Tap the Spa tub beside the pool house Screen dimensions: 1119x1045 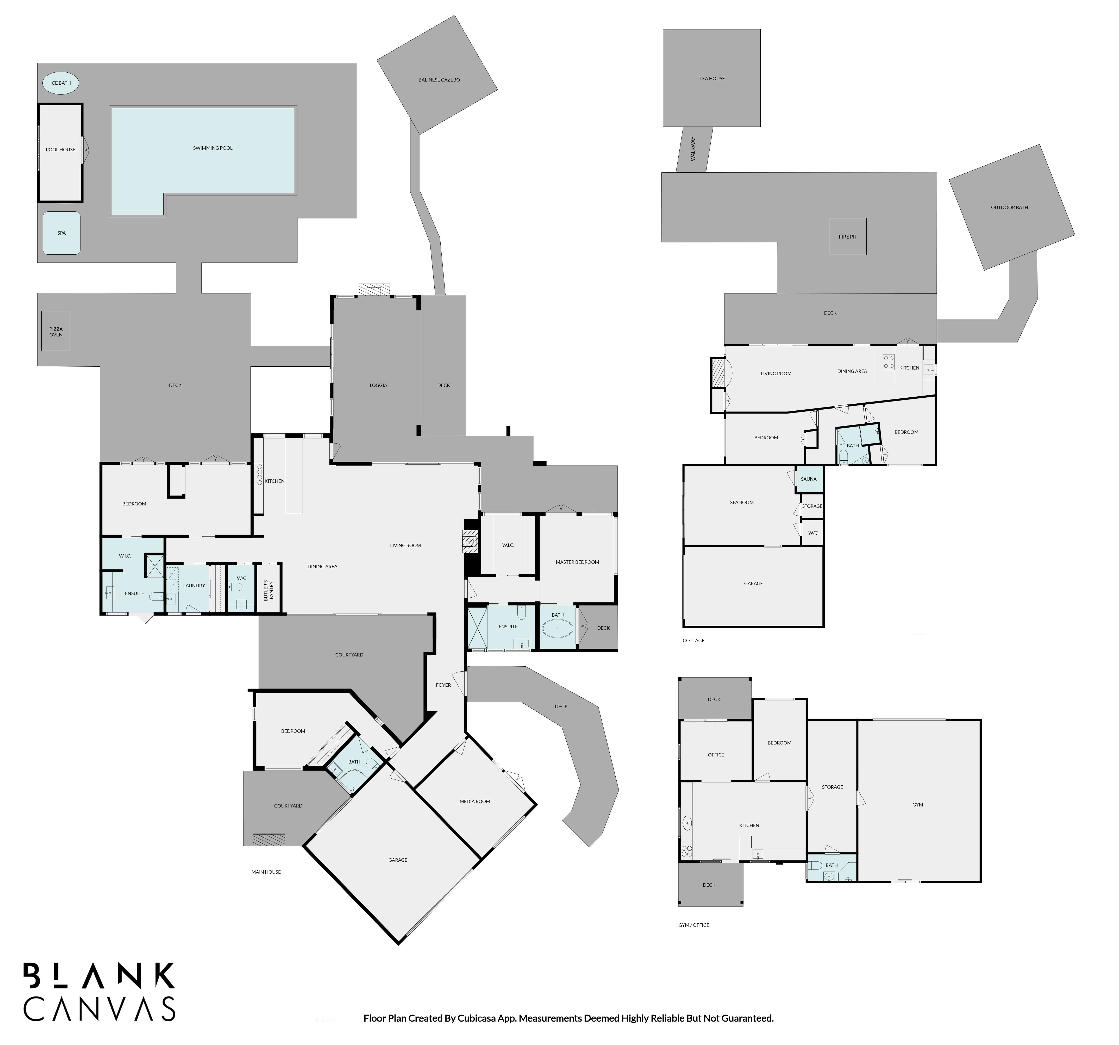[61, 233]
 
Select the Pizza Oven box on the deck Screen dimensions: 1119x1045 [56, 331]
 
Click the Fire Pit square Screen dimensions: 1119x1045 [848, 236]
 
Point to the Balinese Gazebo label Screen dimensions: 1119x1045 [439, 80]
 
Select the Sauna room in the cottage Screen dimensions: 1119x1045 [809, 479]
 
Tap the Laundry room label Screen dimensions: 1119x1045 [194, 586]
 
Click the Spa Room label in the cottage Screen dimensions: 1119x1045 [742, 503]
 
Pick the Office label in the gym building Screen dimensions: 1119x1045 [716, 755]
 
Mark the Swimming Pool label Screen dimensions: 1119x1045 [213, 148]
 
